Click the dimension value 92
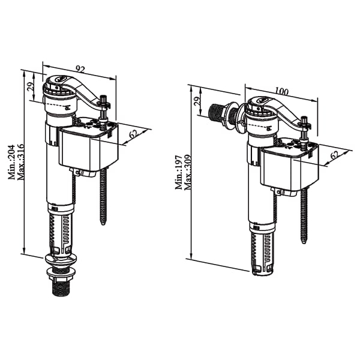point(80,69)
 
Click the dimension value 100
point(282,91)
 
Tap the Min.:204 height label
point(11,162)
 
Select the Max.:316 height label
point(20,161)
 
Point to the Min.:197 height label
point(179,172)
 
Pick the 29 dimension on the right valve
point(197,101)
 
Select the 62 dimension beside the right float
point(335,155)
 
